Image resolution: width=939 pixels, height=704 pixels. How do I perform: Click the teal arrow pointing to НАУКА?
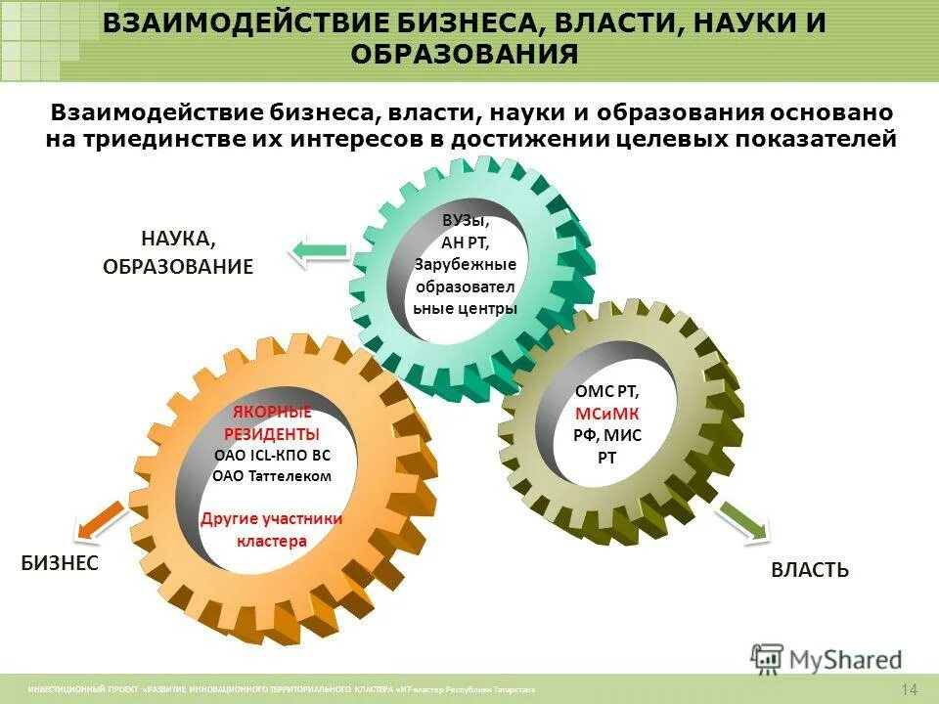tap(319, 250)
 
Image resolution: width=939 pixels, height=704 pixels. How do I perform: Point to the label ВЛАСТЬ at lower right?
tap(810, 569)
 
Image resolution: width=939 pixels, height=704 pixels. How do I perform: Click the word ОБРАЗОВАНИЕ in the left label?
tap(178, 266)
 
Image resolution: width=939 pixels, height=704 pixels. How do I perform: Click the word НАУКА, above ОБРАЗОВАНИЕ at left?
tap(178, 238)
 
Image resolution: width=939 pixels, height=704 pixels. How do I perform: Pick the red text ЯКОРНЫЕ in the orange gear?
tap(272, 411)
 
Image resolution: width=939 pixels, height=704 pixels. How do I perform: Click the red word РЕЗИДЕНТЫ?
tap(272, 433)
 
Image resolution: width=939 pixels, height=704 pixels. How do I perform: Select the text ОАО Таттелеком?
tap(272, 476)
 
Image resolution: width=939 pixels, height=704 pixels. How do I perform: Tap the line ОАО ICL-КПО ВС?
tap(272, 455)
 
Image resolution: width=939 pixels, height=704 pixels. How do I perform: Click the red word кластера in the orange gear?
tap(272, 541)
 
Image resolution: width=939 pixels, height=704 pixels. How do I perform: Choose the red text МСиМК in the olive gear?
tap(607, 413)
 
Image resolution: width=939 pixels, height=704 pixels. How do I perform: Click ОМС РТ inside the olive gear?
tap(607, 390)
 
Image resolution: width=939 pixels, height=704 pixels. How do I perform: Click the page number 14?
tap(910, 689)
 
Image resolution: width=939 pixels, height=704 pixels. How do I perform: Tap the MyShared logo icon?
tap(768, 658)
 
